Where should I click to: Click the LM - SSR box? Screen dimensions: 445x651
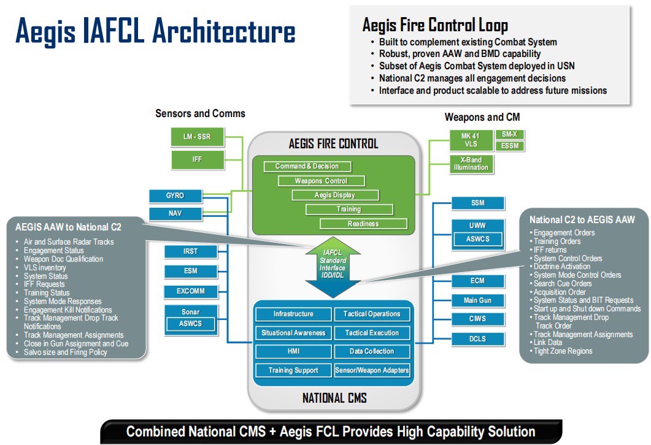click(196, 136)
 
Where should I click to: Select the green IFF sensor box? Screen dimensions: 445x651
click(196, 160)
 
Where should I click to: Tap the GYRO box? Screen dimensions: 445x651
click(175, 196)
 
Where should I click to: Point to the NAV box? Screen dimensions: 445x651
click(175, 214)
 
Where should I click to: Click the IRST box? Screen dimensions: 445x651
click(190, 251)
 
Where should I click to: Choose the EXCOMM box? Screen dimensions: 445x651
click(190, 291)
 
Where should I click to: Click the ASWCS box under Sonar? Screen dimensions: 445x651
click(190, 324)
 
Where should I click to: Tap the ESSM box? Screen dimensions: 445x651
click(510, 146)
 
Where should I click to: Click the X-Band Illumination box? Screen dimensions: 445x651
click(471, 164)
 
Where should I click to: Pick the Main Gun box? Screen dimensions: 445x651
click(477, 300)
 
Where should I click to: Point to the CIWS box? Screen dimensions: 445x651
click(477, 319)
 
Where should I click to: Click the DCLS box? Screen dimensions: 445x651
click(477, 338)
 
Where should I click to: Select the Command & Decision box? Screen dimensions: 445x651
click(307, 166)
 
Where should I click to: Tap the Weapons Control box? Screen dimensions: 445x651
click(321, 181)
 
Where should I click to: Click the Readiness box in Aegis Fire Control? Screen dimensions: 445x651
click(363, 224)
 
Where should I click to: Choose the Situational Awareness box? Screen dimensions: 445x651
click(293, 333)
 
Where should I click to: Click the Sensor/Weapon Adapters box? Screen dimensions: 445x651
click(372, 370)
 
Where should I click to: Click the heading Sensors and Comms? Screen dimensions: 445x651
click(200, 113)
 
